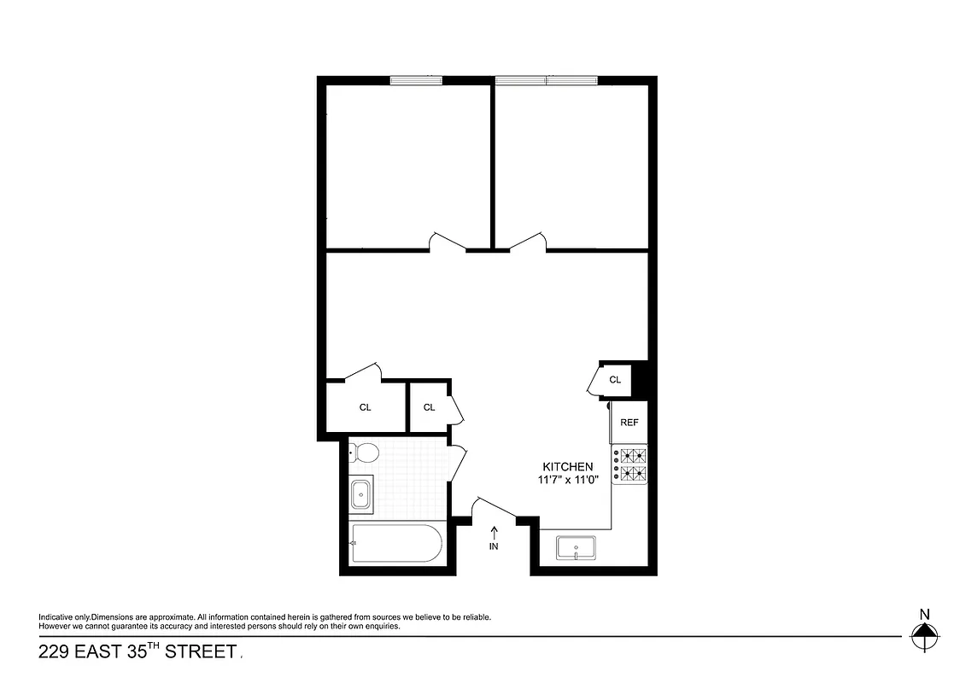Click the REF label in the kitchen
point(629,423)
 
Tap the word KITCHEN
point(568,467)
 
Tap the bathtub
point(396,543)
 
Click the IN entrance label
point(494,546)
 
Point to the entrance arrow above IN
point(494,532)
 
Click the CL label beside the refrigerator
point(615,379)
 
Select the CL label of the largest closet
point(366,407)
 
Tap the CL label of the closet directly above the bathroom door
point(430,407)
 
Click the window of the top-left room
point(416,80)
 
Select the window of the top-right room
point(546,80)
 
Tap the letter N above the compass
point(923,613)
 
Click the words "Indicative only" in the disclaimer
point(64,617)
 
